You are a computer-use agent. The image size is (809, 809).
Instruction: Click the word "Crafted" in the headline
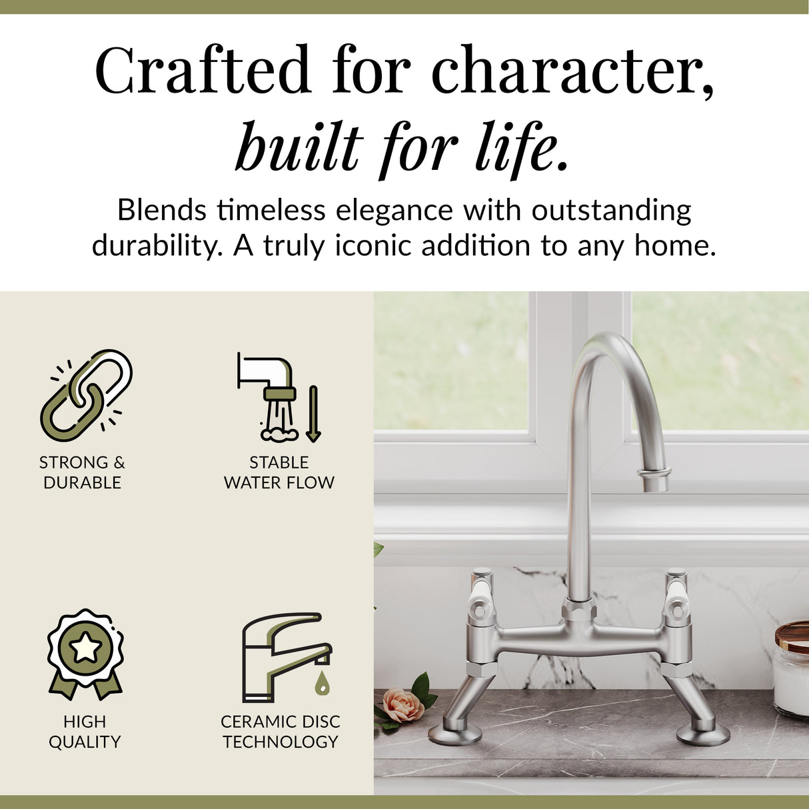(203, 70)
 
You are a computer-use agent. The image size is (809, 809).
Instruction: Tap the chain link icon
(86, 395)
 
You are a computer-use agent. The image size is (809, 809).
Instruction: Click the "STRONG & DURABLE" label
(82, 472)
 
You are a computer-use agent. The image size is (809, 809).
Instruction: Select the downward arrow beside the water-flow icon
(313, 413)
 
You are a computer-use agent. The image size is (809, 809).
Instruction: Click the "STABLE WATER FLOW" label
(279, 472)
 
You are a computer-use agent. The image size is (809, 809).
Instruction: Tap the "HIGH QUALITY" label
(85, 731)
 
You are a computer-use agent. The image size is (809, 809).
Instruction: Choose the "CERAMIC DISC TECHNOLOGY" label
(281, 731)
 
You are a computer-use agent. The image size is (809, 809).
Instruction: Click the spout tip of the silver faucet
(654, 481)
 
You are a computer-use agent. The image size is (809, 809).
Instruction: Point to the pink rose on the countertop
(403, 706)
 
